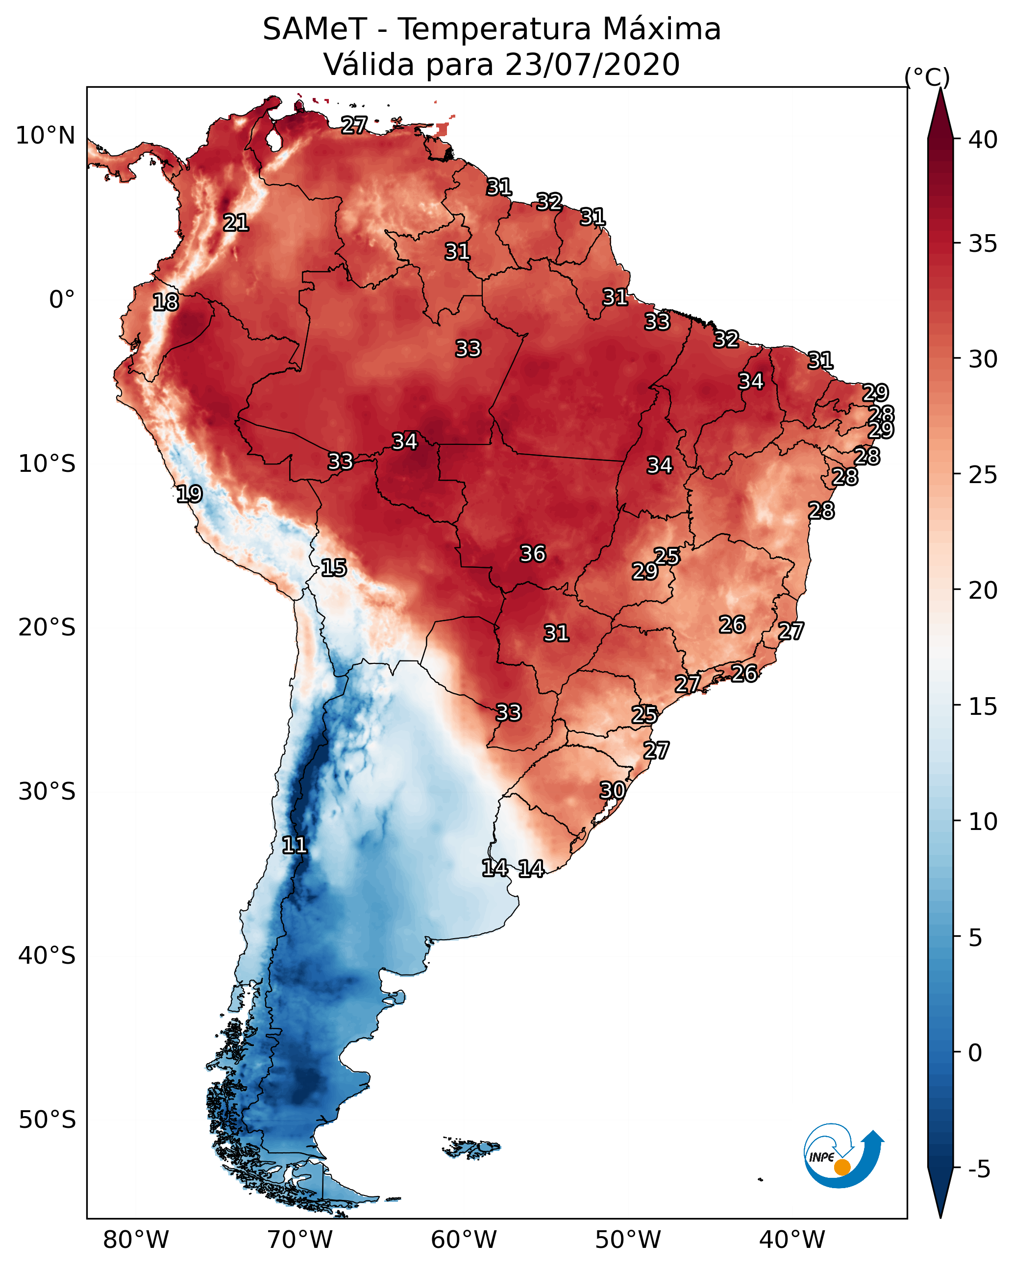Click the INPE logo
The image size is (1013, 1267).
[x=844, y=1156]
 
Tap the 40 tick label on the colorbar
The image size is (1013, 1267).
[x=983, y=140]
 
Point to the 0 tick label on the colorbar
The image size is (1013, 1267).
[x=975, y=1053]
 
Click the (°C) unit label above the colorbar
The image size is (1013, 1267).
[x=927, y=77]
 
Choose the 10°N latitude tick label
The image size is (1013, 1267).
[x=45, y=136]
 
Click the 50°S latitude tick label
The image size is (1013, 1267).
[x=47, y=1120]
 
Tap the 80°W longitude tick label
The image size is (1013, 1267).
[x=136, y=1240]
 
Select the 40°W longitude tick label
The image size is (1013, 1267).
[x=792, y=1240]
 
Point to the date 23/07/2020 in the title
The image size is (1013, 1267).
[x=592, y=64]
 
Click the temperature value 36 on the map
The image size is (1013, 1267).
[x=533, y=554]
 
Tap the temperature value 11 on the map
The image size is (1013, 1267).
[x=295, y=845]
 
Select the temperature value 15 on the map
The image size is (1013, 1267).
[x=334, y=568]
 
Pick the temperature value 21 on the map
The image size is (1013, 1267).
[x=236, y=223]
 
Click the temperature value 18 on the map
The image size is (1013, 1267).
[x=165, y=302]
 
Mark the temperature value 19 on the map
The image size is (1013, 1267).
[x=189, y=494]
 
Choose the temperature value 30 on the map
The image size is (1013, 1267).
[x=612, y=790]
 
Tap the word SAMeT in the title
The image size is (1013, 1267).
[x=315, y=29]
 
